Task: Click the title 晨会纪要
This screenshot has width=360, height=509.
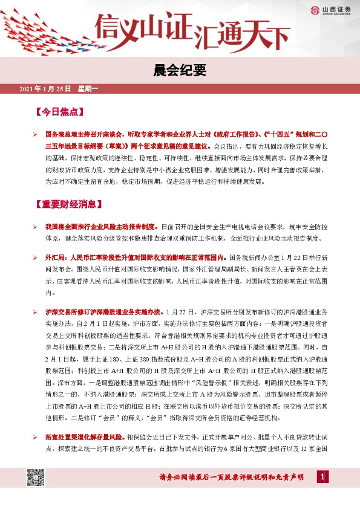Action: pyautogui.click(x=180, y=70)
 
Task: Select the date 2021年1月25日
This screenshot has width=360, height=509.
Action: pyautogui.click(x=45, y=90)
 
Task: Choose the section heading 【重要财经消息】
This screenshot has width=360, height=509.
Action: pyautogui.click(x=70, y=204)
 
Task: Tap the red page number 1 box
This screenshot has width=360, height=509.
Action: pyautogui.click(x=322, y=478)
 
